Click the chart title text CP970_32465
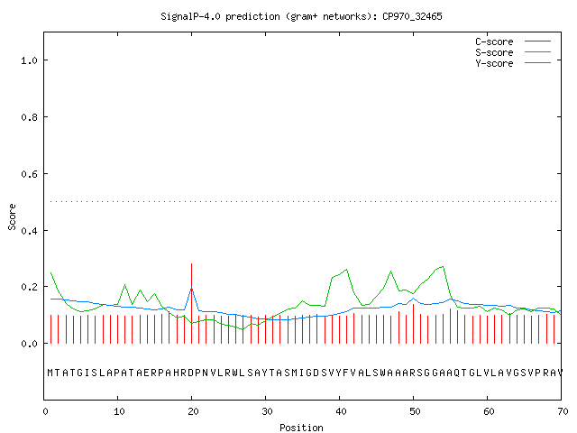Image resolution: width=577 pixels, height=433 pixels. coord(412,16)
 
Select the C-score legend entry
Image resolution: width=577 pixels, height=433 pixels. coord(513,41)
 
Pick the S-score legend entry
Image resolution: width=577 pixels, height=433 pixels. coord(513,52)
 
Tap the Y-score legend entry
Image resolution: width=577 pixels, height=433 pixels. coord(513,63)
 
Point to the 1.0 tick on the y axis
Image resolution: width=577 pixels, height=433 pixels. coord(29,60)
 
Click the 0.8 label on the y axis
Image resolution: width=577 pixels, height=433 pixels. coord(29,117)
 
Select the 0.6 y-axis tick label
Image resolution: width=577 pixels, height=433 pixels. coord(29,174)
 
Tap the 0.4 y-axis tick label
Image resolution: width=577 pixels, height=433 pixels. coord(29,231)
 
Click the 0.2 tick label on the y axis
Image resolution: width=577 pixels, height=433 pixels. coord(29,287)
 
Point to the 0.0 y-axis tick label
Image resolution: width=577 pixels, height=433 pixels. coord(29,344)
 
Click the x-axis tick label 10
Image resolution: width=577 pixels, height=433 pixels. coord(119,411)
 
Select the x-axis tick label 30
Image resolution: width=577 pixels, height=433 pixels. coord(267,411)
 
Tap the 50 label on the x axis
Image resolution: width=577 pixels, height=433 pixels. coord(415,411)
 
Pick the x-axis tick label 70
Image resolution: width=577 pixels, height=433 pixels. coord(563,411)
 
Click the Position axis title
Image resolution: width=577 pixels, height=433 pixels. coord(301,428)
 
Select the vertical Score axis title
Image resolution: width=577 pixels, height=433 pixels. coord(12,217)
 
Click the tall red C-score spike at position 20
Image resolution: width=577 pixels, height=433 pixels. coord(191,303)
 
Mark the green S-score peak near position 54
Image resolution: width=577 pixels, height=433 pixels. coord(443,266)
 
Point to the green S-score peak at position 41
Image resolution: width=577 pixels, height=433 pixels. coord(346,270)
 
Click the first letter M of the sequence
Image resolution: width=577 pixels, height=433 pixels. coord(50,373)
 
